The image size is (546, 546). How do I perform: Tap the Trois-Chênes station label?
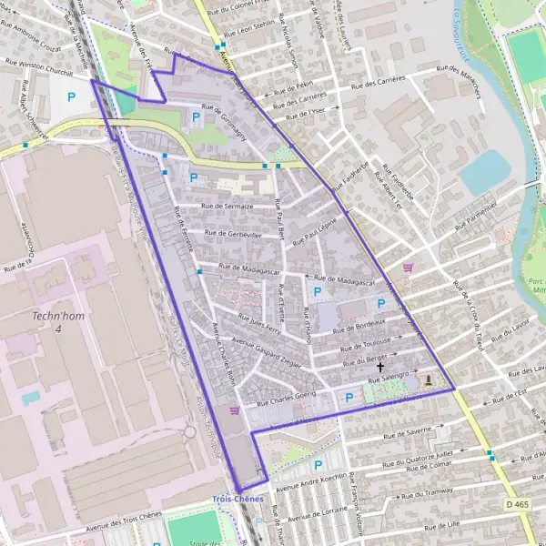tap(237, 500)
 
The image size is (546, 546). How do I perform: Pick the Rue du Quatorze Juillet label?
tap(420, 454)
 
